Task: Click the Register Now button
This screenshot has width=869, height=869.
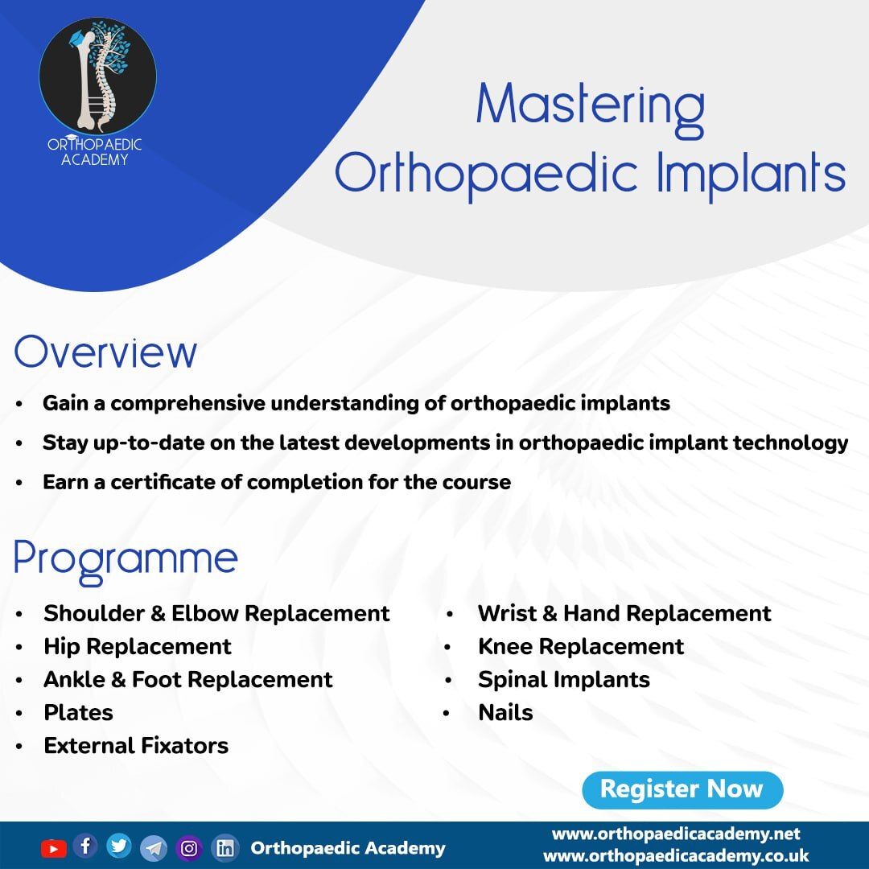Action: click(682, 789)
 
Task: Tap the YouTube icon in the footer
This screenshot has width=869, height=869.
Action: click(54, 849)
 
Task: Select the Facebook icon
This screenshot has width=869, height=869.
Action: click(85, 846)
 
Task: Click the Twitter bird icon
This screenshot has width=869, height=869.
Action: click(118, 846)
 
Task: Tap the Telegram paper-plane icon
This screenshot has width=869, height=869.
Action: click(154, 848)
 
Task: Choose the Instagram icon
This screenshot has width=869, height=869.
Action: click(189, 848)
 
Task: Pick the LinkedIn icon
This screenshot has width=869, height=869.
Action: click(225, 848)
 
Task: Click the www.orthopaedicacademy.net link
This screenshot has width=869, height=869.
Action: click(676, 834)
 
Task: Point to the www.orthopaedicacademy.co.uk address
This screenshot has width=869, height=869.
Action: click(676, 855)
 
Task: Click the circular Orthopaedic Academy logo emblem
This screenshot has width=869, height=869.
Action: click(97, 76)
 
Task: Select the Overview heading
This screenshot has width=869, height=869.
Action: click(105, 352)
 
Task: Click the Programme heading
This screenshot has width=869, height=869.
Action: click(126, 560)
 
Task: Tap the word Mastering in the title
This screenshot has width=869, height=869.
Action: click(591, 108)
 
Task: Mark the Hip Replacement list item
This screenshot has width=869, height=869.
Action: click(138, 647)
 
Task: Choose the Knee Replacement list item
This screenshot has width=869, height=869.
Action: click(581, 647)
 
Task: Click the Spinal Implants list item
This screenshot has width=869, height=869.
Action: click(563, 680)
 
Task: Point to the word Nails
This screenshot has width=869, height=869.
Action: click(505, 713)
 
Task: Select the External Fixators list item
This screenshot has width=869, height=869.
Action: click(136, 746)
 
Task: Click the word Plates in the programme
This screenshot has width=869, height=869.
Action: click(78, 713)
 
